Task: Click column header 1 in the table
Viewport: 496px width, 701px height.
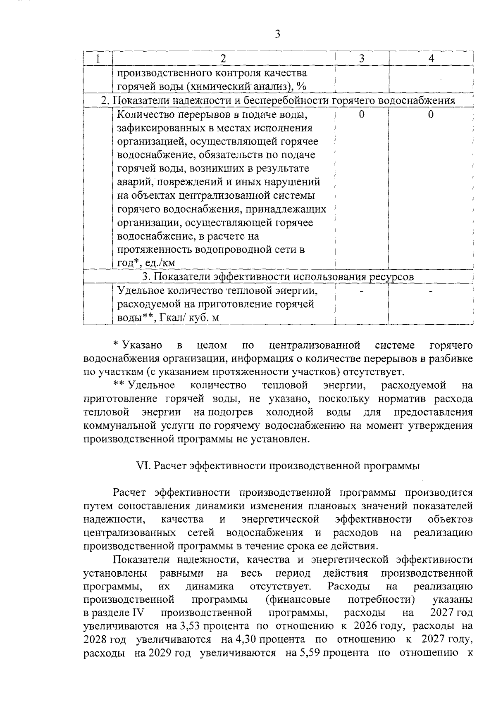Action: click(98, 59)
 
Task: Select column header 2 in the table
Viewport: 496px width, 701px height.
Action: click(223, 59)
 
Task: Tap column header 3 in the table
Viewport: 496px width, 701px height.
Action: click(362, 59)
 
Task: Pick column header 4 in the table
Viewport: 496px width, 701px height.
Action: click(431, 59)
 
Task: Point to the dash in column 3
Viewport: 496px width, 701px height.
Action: click(362, 291)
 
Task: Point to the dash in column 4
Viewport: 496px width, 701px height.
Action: click(431, 291)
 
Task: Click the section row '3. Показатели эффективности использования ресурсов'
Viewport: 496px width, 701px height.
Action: click(278, 277)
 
